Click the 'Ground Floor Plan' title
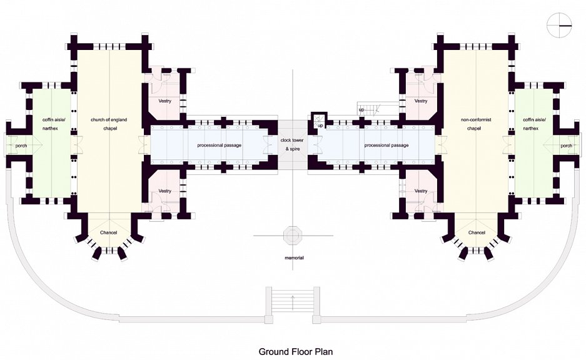(296, 351)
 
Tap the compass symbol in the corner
(560, 26)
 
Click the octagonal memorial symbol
(292, 235)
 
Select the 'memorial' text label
(294, 257)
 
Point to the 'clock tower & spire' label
(292, 144)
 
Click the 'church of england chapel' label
(109, 124)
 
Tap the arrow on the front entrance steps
(293, 302)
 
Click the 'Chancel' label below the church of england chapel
(108, 232)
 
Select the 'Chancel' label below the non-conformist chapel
(477, 232)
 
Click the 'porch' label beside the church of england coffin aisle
(21, 146)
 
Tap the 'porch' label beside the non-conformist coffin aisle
(566, 146)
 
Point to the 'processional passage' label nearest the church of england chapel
(220, 145)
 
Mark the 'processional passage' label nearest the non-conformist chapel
(386, 145)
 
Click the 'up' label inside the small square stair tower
(320, 126)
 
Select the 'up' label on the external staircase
(361, 110)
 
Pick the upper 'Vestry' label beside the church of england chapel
(165, 101)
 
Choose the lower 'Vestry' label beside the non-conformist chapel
(421, 191)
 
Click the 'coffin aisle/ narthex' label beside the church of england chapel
(53, 124)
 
